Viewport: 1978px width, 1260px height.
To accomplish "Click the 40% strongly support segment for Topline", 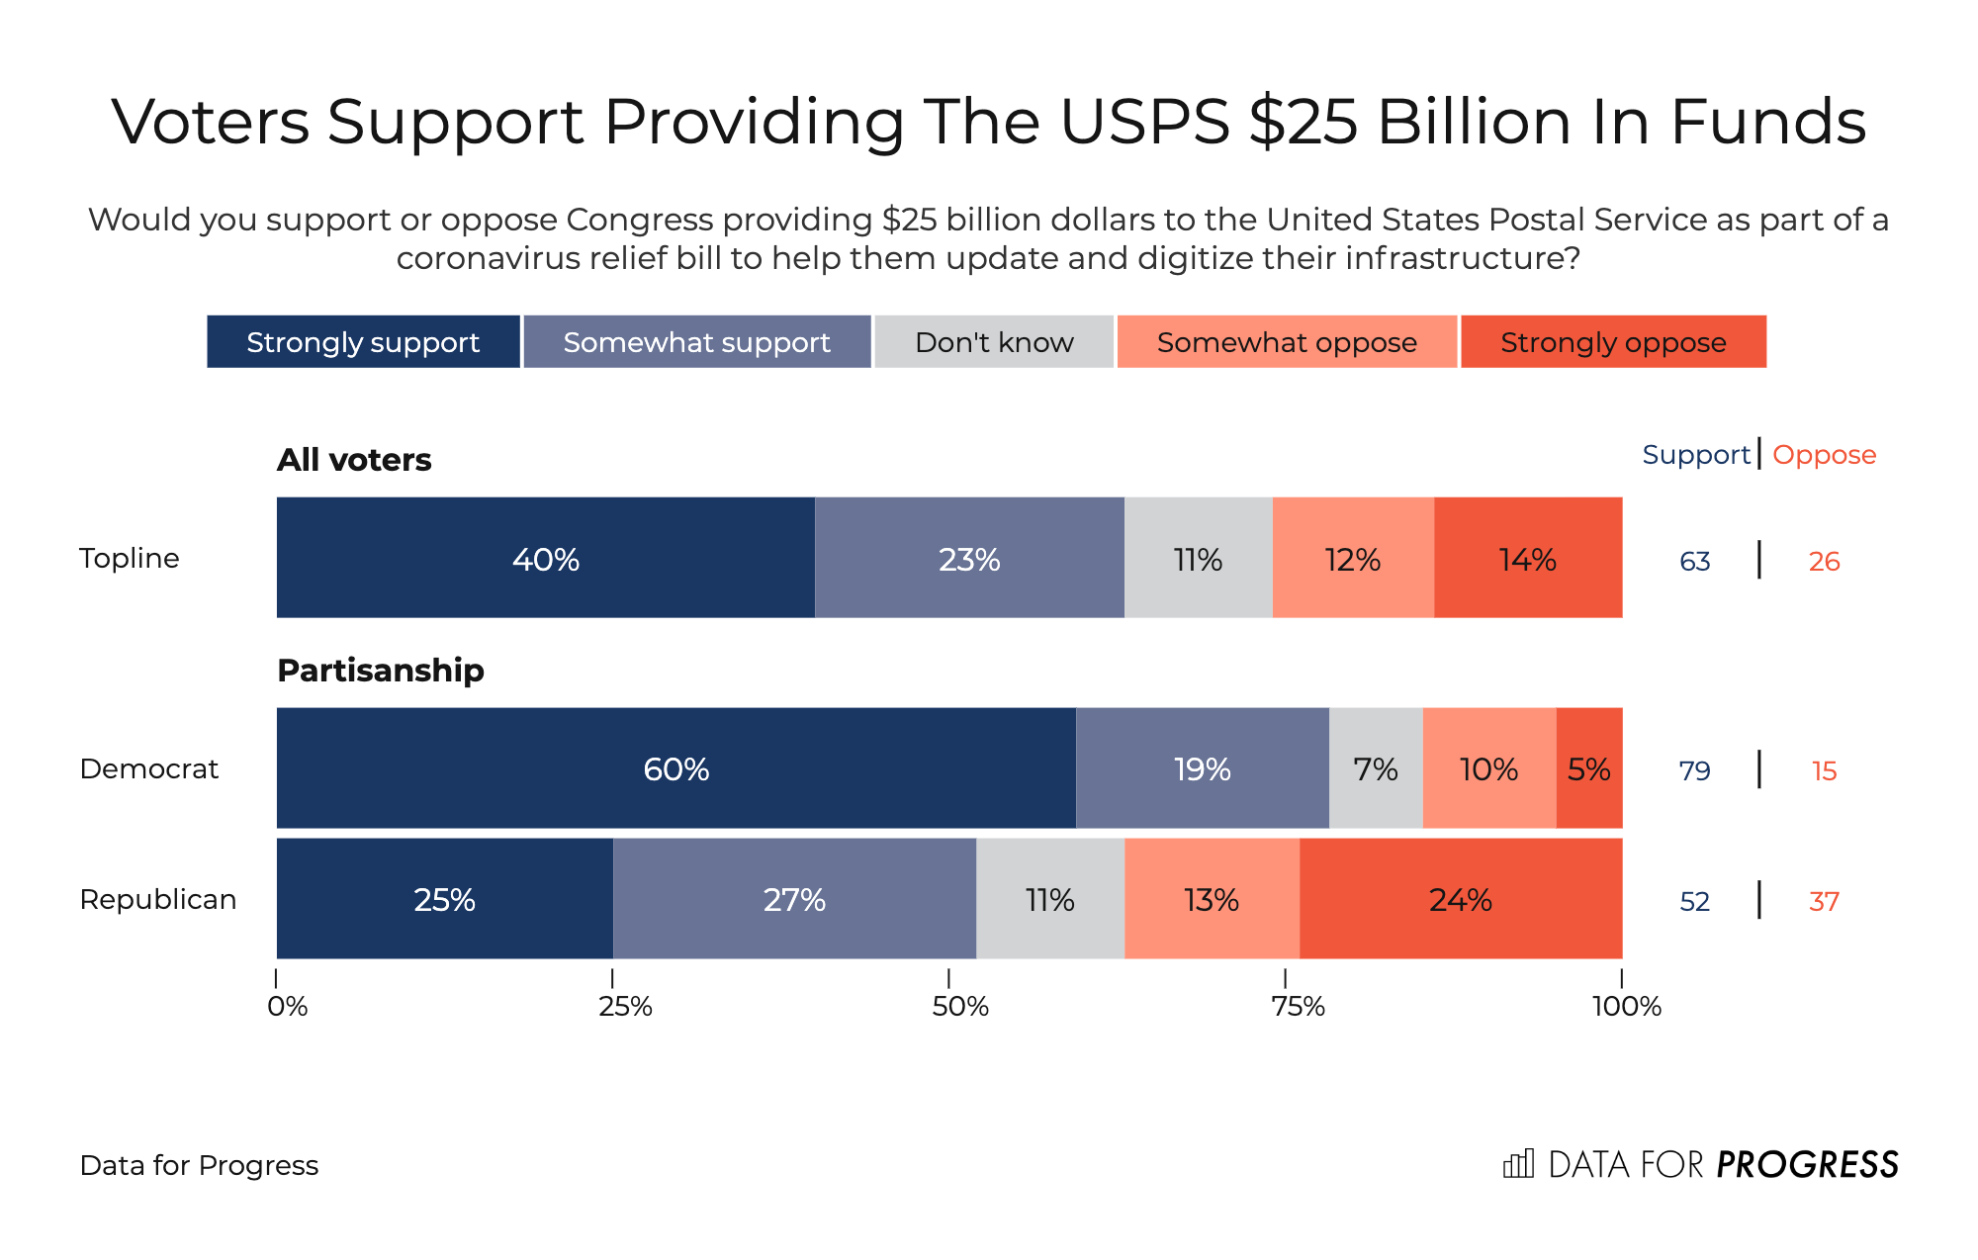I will pos(545,558).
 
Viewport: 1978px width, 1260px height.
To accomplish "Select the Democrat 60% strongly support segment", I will pos(675,768).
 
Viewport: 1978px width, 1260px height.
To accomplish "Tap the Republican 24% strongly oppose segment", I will pos(1460,899).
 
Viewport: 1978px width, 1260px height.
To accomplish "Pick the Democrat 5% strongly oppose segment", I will pos(1589,768).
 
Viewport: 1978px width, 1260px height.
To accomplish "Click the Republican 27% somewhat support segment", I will pos(794,899).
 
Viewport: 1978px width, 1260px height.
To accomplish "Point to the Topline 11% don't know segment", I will pos(1198,558).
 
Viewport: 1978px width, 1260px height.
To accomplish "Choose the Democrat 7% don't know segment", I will pos(1376,768).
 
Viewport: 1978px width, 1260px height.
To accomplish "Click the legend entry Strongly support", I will pos(363,342).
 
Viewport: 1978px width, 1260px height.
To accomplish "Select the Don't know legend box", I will pos(994,342).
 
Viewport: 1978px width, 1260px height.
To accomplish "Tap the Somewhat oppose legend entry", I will pos(1287,342).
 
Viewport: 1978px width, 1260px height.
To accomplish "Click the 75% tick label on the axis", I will pos(1298,1007).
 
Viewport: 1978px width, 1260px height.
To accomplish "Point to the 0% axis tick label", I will pos(287,1007).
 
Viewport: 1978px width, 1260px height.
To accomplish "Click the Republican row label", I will pos(158,899).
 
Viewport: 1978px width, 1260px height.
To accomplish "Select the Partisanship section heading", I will pos(381,671).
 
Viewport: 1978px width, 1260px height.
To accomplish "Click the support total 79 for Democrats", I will pos(1694,770).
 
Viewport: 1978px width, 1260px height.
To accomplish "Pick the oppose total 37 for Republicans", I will pos(1824,901).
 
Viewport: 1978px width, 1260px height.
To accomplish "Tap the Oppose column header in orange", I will pos(1824,455).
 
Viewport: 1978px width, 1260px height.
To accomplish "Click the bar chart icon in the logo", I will pos(1518,1164).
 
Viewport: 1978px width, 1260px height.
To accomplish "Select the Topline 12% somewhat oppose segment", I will pos(1352,558).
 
